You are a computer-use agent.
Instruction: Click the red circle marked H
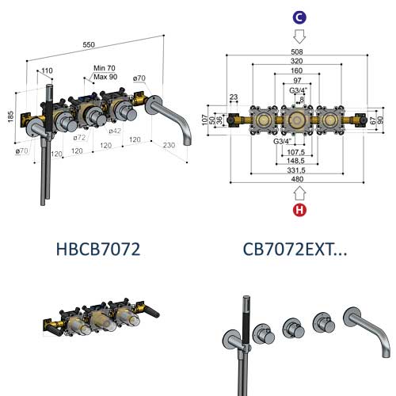tap(299, 210)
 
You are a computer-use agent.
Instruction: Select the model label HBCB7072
tap(98, 249)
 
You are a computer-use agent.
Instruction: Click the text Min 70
tap(105, 69)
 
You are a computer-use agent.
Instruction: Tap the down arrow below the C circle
tap(299, 36)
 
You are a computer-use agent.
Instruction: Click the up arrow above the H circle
tap(299, 192)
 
